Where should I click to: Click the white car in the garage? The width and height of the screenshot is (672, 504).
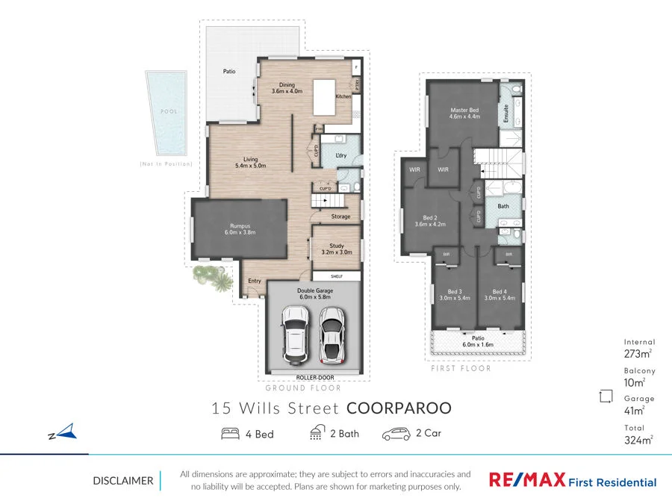click(296, 333)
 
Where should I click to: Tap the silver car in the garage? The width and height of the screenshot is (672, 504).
click(331, 333)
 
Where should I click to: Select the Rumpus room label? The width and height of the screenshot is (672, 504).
click(240, 228)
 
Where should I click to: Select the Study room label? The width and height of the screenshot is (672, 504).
click(337, 249)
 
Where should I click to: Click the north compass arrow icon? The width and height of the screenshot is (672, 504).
click(66, 431)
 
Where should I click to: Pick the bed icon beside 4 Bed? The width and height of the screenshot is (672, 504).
click(230, 433)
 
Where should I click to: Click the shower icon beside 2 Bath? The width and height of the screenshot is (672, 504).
click(316, 433)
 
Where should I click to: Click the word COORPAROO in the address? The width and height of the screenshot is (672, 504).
click(399, 408)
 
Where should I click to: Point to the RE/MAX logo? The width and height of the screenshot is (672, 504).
click(526, 480)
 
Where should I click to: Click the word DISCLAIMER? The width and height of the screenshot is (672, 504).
click(123, 481)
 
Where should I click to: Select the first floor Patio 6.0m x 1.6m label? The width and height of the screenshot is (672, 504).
click(479, 340)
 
